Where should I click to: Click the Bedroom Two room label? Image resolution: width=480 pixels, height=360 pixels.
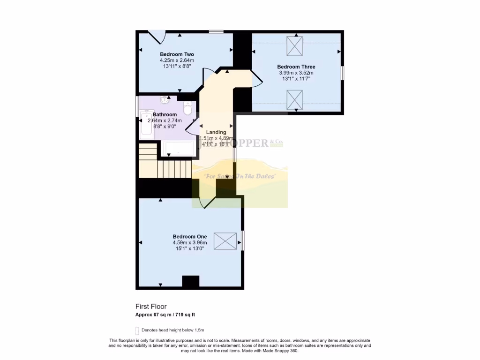(x=177, y=54)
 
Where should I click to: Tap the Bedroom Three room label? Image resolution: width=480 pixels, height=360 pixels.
(x=296, y=67)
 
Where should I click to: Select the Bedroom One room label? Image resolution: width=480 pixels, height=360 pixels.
(x=189, y=236)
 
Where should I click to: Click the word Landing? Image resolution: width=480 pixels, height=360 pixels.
(x=216, y=132)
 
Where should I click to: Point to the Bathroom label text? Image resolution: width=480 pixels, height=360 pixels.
(x=165, y=114)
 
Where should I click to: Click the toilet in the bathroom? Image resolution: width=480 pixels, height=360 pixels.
(x=187, y=109)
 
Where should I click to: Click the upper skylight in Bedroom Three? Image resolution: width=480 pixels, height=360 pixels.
(x=295, y=46)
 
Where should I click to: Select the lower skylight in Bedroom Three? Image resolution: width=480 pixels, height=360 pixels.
(x=295, y=99)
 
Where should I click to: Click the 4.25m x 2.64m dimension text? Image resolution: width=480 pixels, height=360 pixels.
(x=177, y=60)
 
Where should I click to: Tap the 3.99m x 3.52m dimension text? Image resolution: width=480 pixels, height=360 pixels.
(x=296, y=73)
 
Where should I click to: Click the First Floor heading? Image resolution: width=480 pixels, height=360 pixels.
(x=151, y=307)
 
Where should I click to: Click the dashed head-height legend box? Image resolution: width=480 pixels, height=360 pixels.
(x=137, y=330)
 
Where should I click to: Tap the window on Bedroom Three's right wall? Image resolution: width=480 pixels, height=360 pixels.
(x=342, y=73)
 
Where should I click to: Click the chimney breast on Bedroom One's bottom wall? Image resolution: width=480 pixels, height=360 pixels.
(x=190, y=281)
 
